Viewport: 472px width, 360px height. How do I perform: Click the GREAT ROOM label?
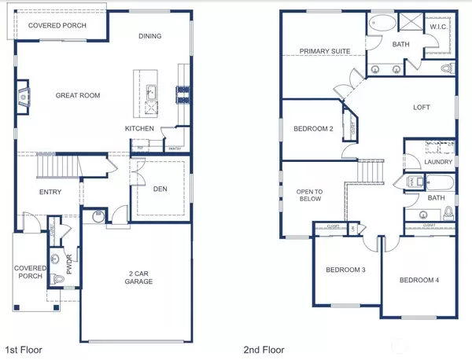point(76,95)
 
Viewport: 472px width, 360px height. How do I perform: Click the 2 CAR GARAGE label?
point(135,279)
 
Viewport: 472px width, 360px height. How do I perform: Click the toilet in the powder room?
point(55,280)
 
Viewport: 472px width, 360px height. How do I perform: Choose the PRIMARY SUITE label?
point(324,53)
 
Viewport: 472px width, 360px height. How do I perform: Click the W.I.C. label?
point(439,28)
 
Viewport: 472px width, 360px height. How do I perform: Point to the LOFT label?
point(424,108)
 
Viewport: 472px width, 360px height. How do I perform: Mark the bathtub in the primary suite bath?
point(384,21)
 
